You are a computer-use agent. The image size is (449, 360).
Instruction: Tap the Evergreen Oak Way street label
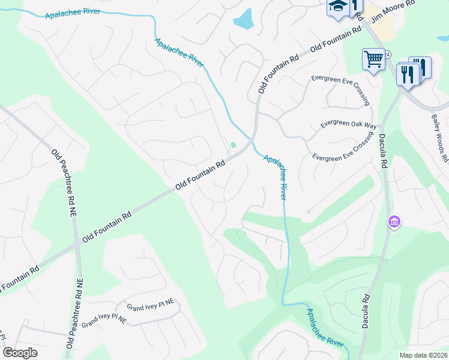point(348,124)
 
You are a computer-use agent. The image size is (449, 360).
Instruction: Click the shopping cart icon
point(373,60)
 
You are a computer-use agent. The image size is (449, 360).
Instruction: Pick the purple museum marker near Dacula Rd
point(394,223)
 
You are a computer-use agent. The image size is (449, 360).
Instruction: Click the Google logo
point(20,353)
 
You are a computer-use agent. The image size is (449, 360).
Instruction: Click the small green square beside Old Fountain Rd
point(234,145)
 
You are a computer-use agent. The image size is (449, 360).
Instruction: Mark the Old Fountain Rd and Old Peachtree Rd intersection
point(77,244)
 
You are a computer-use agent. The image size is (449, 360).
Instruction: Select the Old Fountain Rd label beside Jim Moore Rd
point(336,38)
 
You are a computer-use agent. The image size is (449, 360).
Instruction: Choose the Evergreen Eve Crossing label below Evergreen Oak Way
point(343,149)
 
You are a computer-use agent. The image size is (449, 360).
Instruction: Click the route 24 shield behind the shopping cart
point(388,54)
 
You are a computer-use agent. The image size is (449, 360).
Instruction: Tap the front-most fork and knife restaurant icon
point(407,75)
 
